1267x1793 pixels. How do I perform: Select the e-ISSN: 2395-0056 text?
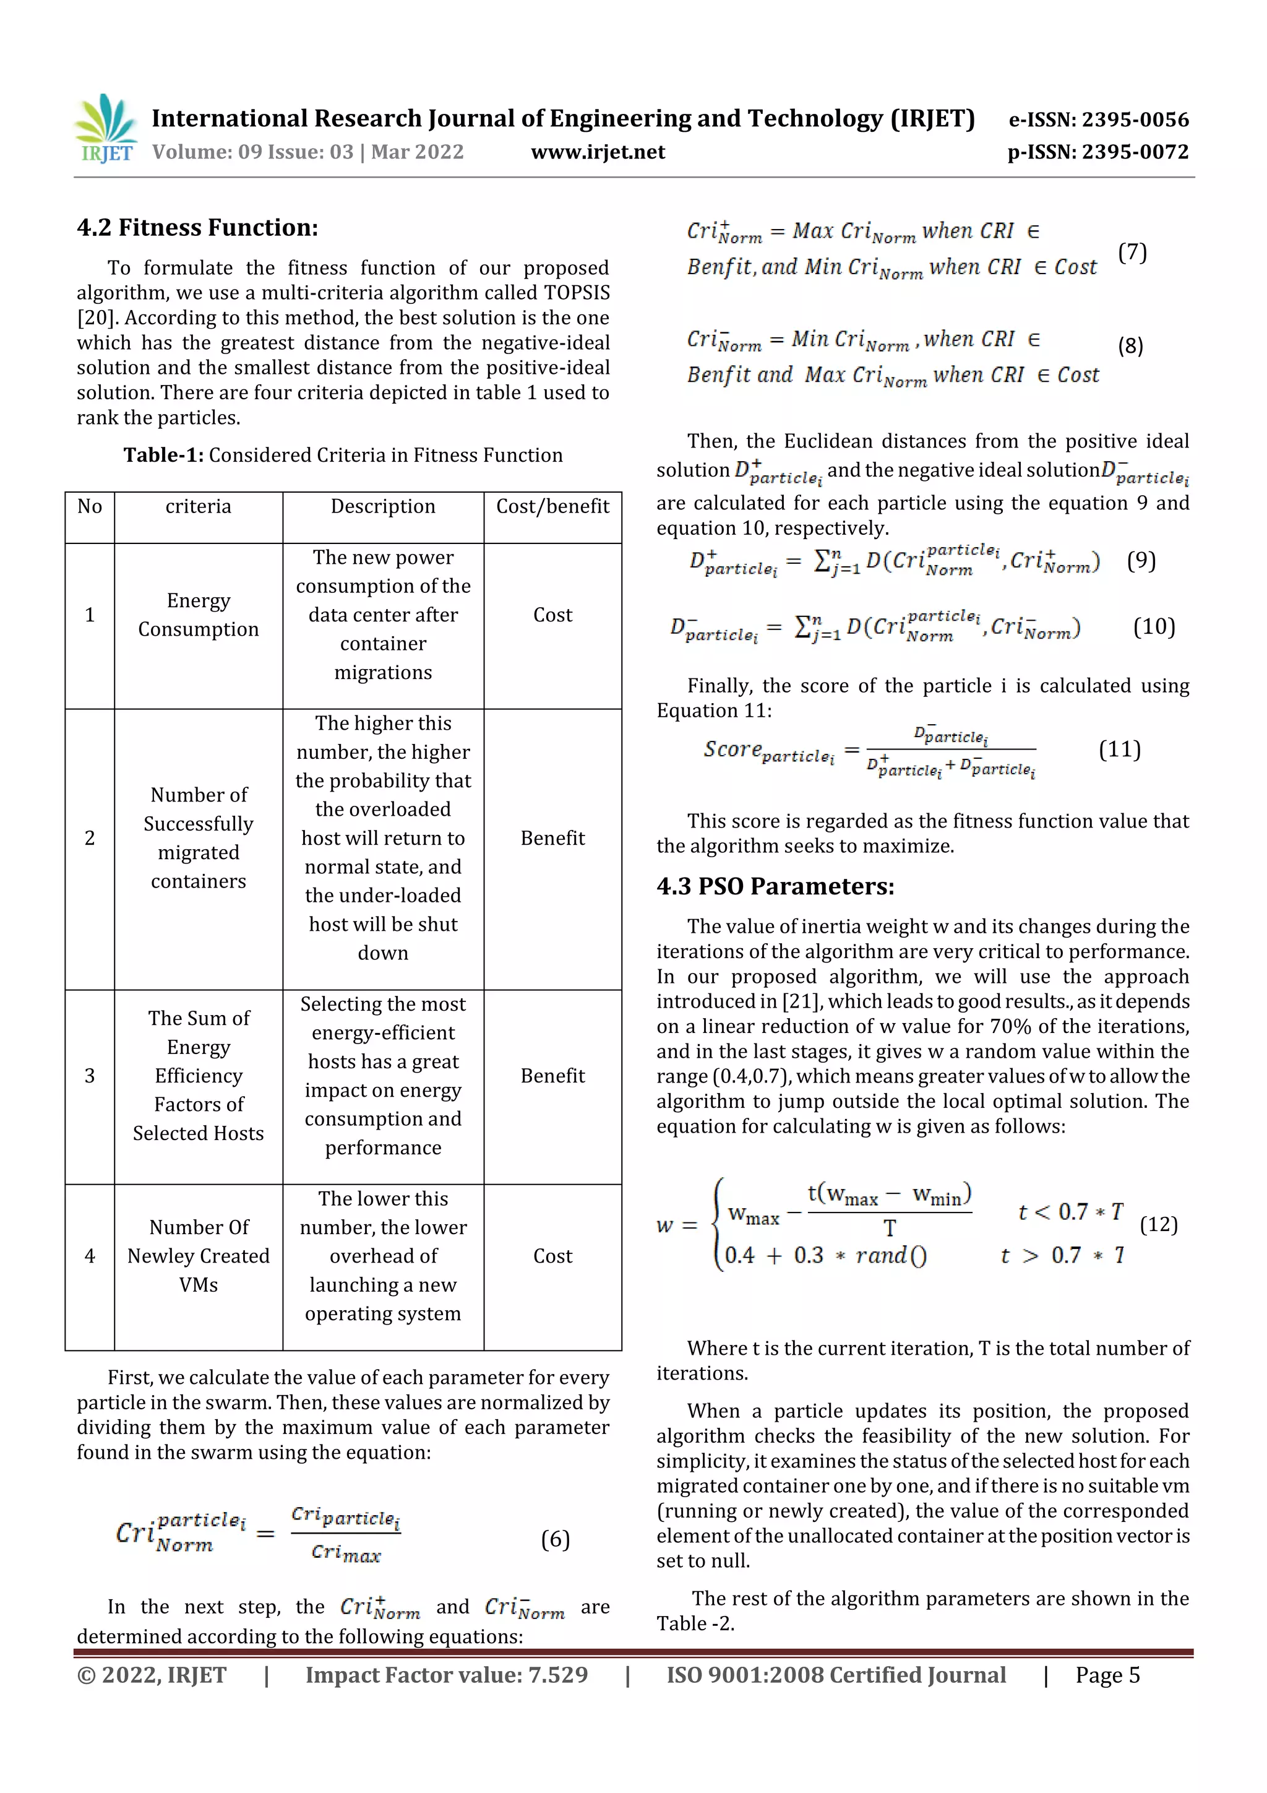click(1098, 119)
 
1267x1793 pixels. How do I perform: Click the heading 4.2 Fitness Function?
click(197, 227)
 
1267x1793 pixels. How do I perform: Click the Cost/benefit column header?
click(552, 507)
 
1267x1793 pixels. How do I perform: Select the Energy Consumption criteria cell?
click(199, 615)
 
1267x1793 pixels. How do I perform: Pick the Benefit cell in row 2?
click(552, 838)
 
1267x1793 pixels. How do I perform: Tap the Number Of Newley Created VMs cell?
click(199, 1256)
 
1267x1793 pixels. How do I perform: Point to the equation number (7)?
click(1132, 253)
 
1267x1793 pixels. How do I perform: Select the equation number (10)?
click(1153, 626)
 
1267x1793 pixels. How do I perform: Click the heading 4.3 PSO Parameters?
click(775, 886)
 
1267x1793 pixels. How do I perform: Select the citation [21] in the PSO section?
click(805, 1001)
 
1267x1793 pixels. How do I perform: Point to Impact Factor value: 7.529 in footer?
click(446, 1675)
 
